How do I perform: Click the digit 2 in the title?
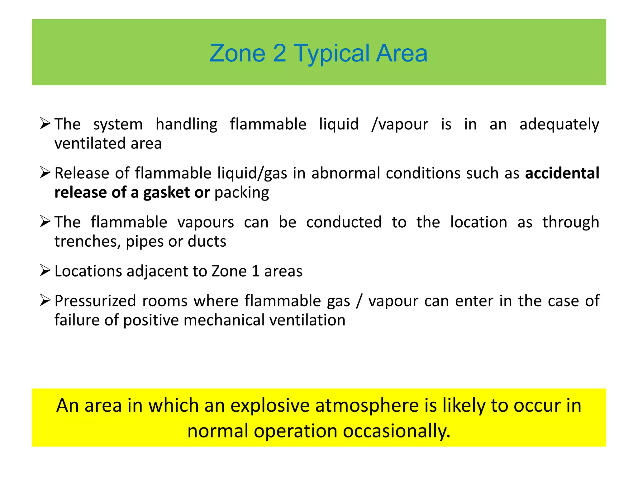279,53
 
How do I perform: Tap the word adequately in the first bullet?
559,124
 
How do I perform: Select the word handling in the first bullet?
186,124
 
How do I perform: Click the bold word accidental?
562,173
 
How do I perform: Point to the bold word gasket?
166,192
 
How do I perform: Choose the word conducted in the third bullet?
344,222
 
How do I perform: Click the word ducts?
207,242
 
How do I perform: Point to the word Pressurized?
95,301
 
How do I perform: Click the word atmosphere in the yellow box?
367,406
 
